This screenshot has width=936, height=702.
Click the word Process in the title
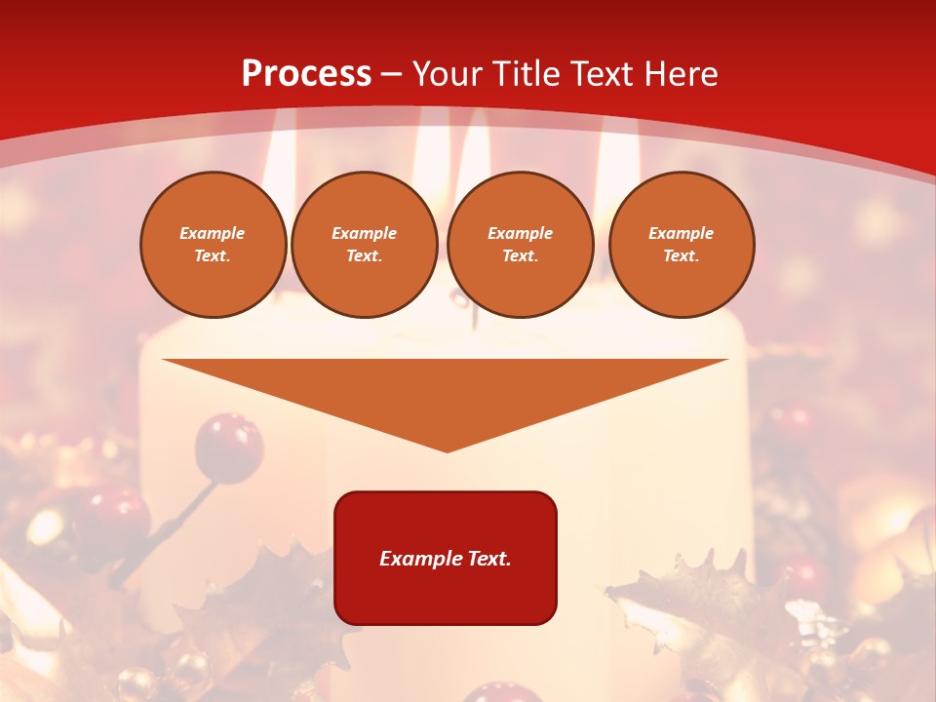(306, 74)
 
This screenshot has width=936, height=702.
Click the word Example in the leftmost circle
(213, 234)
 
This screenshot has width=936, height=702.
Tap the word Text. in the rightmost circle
(681, 256)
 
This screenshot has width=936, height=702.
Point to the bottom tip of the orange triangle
(447, 449)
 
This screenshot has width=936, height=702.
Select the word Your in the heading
(448, 74)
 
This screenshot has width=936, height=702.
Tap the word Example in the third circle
(520, 234)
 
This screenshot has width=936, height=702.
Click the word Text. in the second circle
(364, 256)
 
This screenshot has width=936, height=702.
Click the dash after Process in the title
(392, 75)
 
